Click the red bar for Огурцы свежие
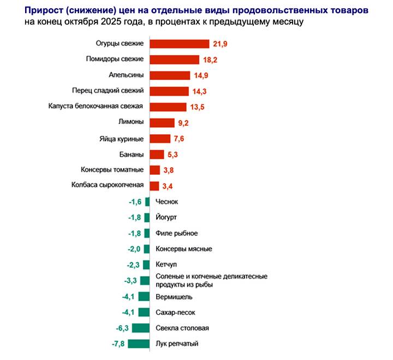click(x=179, y=44)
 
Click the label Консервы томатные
click(x=112, y=170)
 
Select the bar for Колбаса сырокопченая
click(x=154, y=186)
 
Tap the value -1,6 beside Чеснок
click(x=135, y=202)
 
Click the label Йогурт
click(x=166, y=217)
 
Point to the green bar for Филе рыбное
click(x=147, y=233)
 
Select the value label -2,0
click(x=134, y=249)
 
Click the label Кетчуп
click(x=167, y=265)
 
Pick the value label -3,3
click(x=132, y=281)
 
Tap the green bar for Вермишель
click(x=144, y=297)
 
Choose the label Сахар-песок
click(x=176, y=312)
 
